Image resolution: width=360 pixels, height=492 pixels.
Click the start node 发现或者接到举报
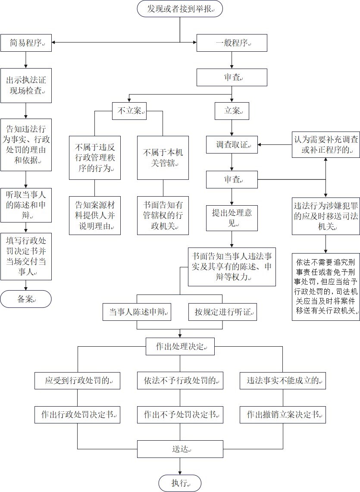pyautogui.click(x=180, y=9)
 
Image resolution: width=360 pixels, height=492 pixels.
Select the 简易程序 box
pyautogui.click(x=26, y=43)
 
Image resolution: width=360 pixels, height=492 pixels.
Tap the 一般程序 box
pyautogui.click(x=232, y=43)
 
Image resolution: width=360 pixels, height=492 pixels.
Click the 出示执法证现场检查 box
pyautogui.click(x=26, y=85)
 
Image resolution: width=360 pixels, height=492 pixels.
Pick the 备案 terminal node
pyautogui.click(x=26, y=298)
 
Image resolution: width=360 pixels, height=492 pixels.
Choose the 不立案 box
pyautogui.click(x=129, y=111)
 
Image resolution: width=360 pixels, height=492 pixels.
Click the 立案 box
pyautogui.click(x=232, y=111)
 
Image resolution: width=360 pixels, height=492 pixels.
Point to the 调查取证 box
pyautogui.click(x=232, y=144)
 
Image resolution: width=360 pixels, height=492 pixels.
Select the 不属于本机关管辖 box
pyautogui.click(x=163, y=158)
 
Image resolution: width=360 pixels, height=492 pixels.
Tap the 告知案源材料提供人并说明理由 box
pyautogui.click(x=94, y=216)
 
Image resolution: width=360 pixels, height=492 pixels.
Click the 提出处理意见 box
pyautogui.click(x=232, y=218)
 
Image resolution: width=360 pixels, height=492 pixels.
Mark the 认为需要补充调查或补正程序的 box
pyautogui.click(x=326, y=144)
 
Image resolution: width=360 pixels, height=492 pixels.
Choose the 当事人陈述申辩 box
pyautogui.click(x=137, y=312)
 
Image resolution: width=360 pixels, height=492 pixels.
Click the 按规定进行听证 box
pyautogui.click(x=222, y=312)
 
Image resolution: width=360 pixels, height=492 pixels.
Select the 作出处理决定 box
pyautogui.click(x=180, y=346)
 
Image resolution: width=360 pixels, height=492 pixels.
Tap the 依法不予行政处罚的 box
pyautogui.click(x=180, y=381)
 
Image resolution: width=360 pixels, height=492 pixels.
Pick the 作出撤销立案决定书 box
pyautogui.click(x=283, y=414)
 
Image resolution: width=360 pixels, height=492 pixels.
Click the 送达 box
pyautogui.click(x=180, y=449)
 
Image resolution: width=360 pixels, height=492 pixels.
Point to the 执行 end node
pyautogui.click(x=180, y=483)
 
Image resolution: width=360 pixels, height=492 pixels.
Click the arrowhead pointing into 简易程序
pyautogui.click(x=54, y=42)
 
